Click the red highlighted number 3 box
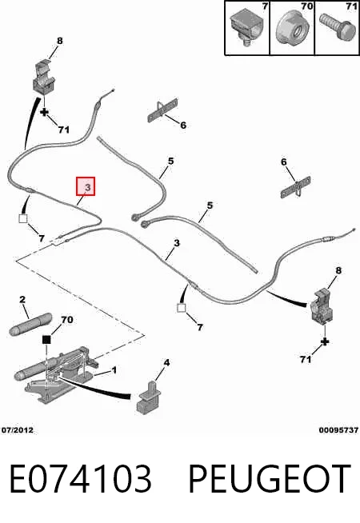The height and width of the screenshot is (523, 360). click(x=86, y=186)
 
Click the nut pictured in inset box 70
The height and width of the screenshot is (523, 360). click(x=293, y=30)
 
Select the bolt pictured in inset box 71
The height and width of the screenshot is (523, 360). click(x=336, y=26)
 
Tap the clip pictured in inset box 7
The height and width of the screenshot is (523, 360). click(x=247, y=26)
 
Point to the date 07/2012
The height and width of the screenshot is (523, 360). click(x=18, y=430)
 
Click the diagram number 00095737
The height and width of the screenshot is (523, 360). click(x=338, y=430)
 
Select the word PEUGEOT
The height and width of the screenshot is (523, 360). click(x=270, y=479)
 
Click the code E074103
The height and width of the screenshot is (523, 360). click(x=80, y=479)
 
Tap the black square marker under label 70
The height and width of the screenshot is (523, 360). click(x=46, y=340)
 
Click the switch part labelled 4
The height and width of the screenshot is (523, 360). click(x=149, y=397)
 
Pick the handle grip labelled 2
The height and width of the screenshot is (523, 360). click(x=30, y=323)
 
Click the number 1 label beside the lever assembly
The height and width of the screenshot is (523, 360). click(x=114, y=370)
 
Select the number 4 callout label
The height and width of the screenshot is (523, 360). click(x=166, y=362)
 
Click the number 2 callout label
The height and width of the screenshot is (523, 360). click(x=22, y=299)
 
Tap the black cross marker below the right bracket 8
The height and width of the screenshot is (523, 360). click(x=325, y=341)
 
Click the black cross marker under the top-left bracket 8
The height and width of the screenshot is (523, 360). click(x=44, y=112)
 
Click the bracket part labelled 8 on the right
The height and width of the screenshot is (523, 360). click(x=322, y=307)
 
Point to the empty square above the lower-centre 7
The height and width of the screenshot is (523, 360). click(x=181, y=308)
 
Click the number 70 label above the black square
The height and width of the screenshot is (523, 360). click(x=66, y=320)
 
